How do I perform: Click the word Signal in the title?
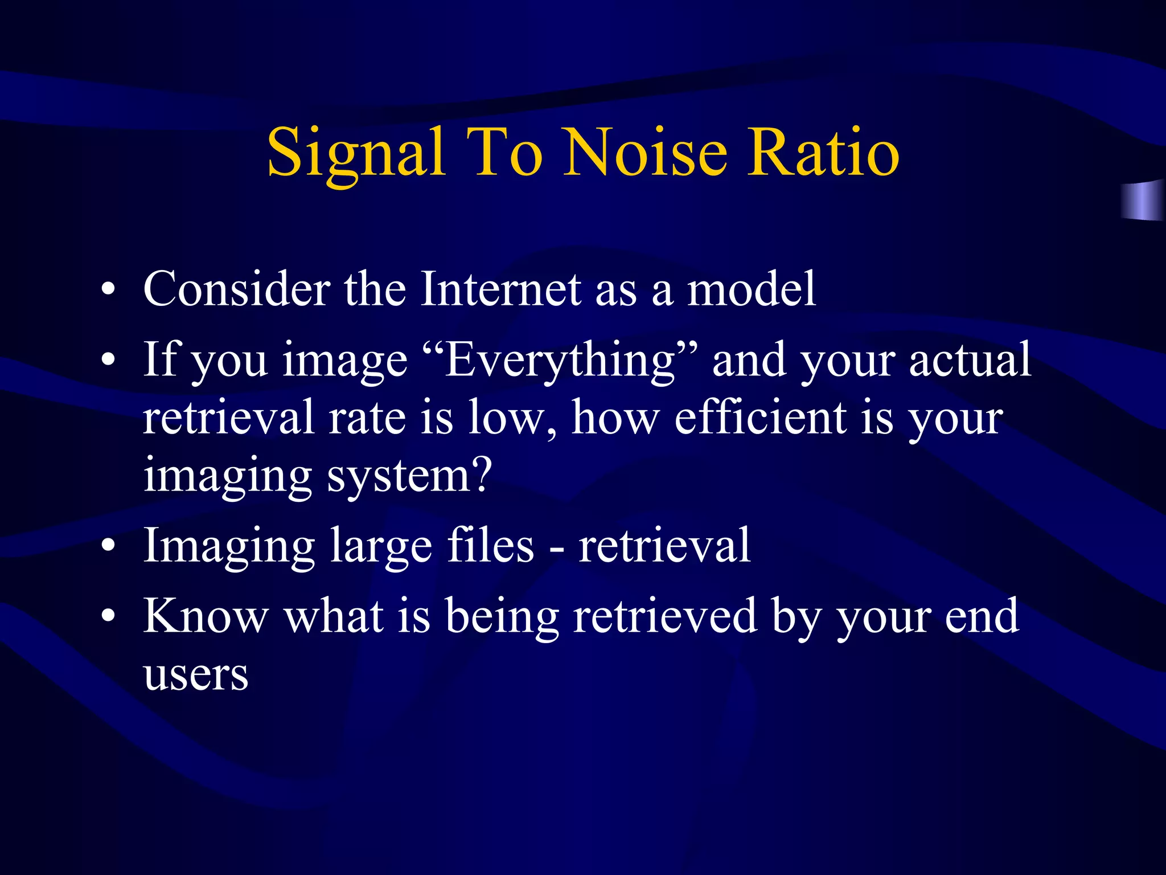(355, 153)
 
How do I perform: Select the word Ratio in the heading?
(823, 153)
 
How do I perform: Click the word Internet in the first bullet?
(501, 289)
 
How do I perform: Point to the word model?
(752, 289)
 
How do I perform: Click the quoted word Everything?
(560, 360)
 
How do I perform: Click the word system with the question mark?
(409, 476)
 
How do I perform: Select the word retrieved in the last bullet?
(665, 616)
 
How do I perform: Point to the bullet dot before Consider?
(108, 291)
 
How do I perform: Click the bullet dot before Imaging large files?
(108, 547)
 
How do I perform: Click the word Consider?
(236, 289)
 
